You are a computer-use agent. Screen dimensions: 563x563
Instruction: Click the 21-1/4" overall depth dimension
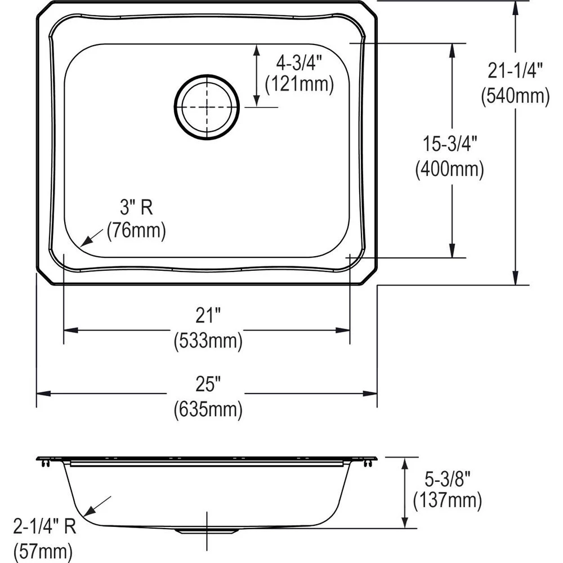[x=515, y=71]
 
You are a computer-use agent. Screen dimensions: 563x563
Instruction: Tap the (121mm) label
[x=300, y=84]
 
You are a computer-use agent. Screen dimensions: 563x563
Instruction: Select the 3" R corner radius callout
[x=136, y=208]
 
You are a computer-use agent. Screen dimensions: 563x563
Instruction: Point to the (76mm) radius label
[x=136, y=231]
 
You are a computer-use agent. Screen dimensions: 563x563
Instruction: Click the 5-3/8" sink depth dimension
[x=448, y=476]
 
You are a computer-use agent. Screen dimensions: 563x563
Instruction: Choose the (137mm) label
[x=448, y=499]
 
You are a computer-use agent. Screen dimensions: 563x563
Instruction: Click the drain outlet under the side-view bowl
[x=207, y=530]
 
